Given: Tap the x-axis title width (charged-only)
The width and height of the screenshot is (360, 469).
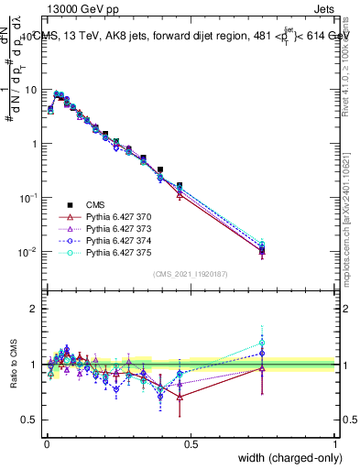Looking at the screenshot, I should pos(285,458).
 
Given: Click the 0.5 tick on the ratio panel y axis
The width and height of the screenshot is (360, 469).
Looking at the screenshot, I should pos(32,420).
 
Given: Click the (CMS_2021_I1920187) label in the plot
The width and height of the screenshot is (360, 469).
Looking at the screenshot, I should pos(191,274).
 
